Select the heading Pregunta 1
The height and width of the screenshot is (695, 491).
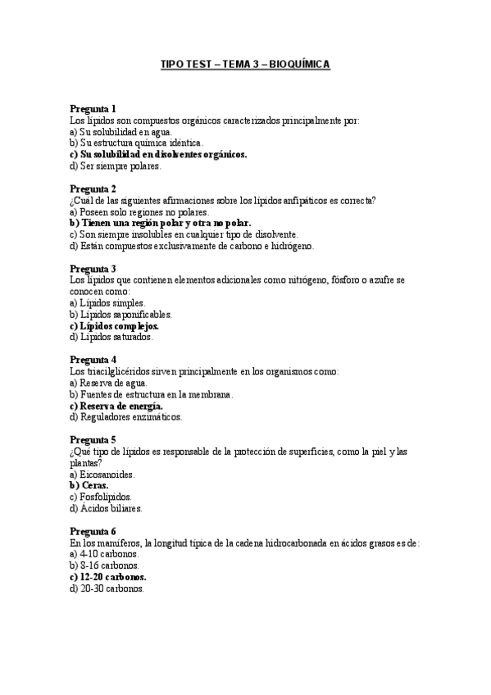coord(93,109)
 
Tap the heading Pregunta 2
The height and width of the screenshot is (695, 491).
coord(93,189)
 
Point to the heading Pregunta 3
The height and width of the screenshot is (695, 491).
coord(93,268)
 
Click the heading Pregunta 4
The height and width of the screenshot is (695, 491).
coord(93,360)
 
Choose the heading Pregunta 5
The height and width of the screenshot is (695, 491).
coord(93,439)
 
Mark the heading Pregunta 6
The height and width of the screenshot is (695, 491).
coord(93,531)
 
